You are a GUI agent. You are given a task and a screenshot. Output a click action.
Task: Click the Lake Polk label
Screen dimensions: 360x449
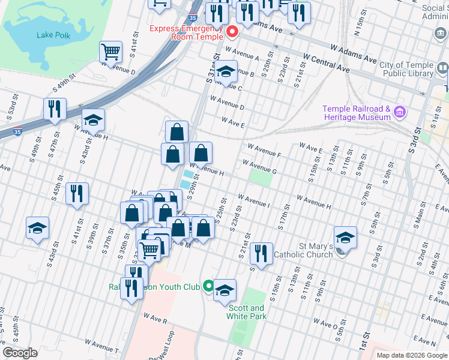(53, 35)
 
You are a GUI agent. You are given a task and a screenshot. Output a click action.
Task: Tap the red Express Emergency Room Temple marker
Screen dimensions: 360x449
(231, 32)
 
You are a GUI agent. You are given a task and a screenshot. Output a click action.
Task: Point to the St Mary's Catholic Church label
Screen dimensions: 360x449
(303, 250)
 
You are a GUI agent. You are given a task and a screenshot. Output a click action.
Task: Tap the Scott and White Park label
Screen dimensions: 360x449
(247, 312)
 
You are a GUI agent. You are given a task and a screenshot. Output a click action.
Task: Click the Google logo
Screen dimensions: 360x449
(20, 353)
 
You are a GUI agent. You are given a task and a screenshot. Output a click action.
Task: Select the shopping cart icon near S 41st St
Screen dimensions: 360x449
(111, 52)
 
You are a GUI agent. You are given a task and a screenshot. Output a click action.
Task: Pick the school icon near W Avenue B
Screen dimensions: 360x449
(226, 71)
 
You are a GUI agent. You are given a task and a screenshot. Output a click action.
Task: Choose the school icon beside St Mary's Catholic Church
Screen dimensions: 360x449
(345, 237)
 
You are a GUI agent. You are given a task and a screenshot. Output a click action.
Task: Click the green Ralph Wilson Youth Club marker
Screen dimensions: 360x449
(208, 287)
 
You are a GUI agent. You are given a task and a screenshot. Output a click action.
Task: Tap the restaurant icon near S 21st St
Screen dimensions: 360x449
(261, 253)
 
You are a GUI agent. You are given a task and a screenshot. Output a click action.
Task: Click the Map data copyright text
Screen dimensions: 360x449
(412, 355)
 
